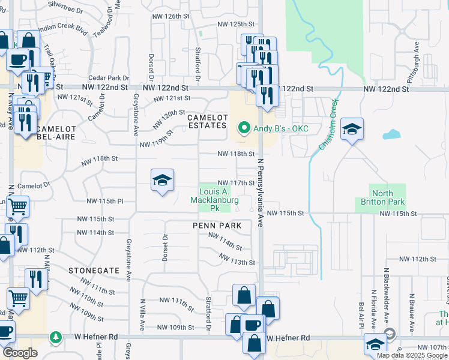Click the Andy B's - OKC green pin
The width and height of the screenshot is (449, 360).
(244, 128)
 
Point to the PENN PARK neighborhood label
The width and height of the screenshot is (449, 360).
(217, 226)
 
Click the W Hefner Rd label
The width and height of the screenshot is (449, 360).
(288, 338)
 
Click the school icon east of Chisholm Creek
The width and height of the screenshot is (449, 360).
(352, 128)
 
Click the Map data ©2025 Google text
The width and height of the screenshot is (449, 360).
(412, 355)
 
